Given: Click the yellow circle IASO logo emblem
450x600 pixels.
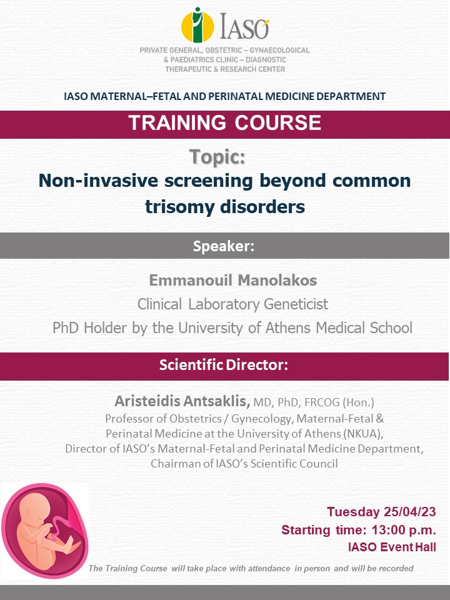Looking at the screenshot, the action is click(197, 26).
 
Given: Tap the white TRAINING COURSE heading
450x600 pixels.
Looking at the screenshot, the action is click(224, 123).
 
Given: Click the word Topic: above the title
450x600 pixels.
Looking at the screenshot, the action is click(217, 157).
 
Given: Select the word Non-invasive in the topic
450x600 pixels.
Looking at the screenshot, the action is click(98, 181).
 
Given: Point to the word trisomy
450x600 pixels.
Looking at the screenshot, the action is click(179, 207).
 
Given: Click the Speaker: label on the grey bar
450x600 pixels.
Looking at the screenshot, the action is click(224, 246).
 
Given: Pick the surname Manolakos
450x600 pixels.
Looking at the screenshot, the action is click(277, 281).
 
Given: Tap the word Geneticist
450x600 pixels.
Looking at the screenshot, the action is click(296, 304).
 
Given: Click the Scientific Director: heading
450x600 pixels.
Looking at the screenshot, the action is click(224, 364).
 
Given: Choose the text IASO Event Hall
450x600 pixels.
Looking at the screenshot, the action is click(392, 547).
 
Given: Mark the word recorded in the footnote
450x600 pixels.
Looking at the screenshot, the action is click(396, 569).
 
